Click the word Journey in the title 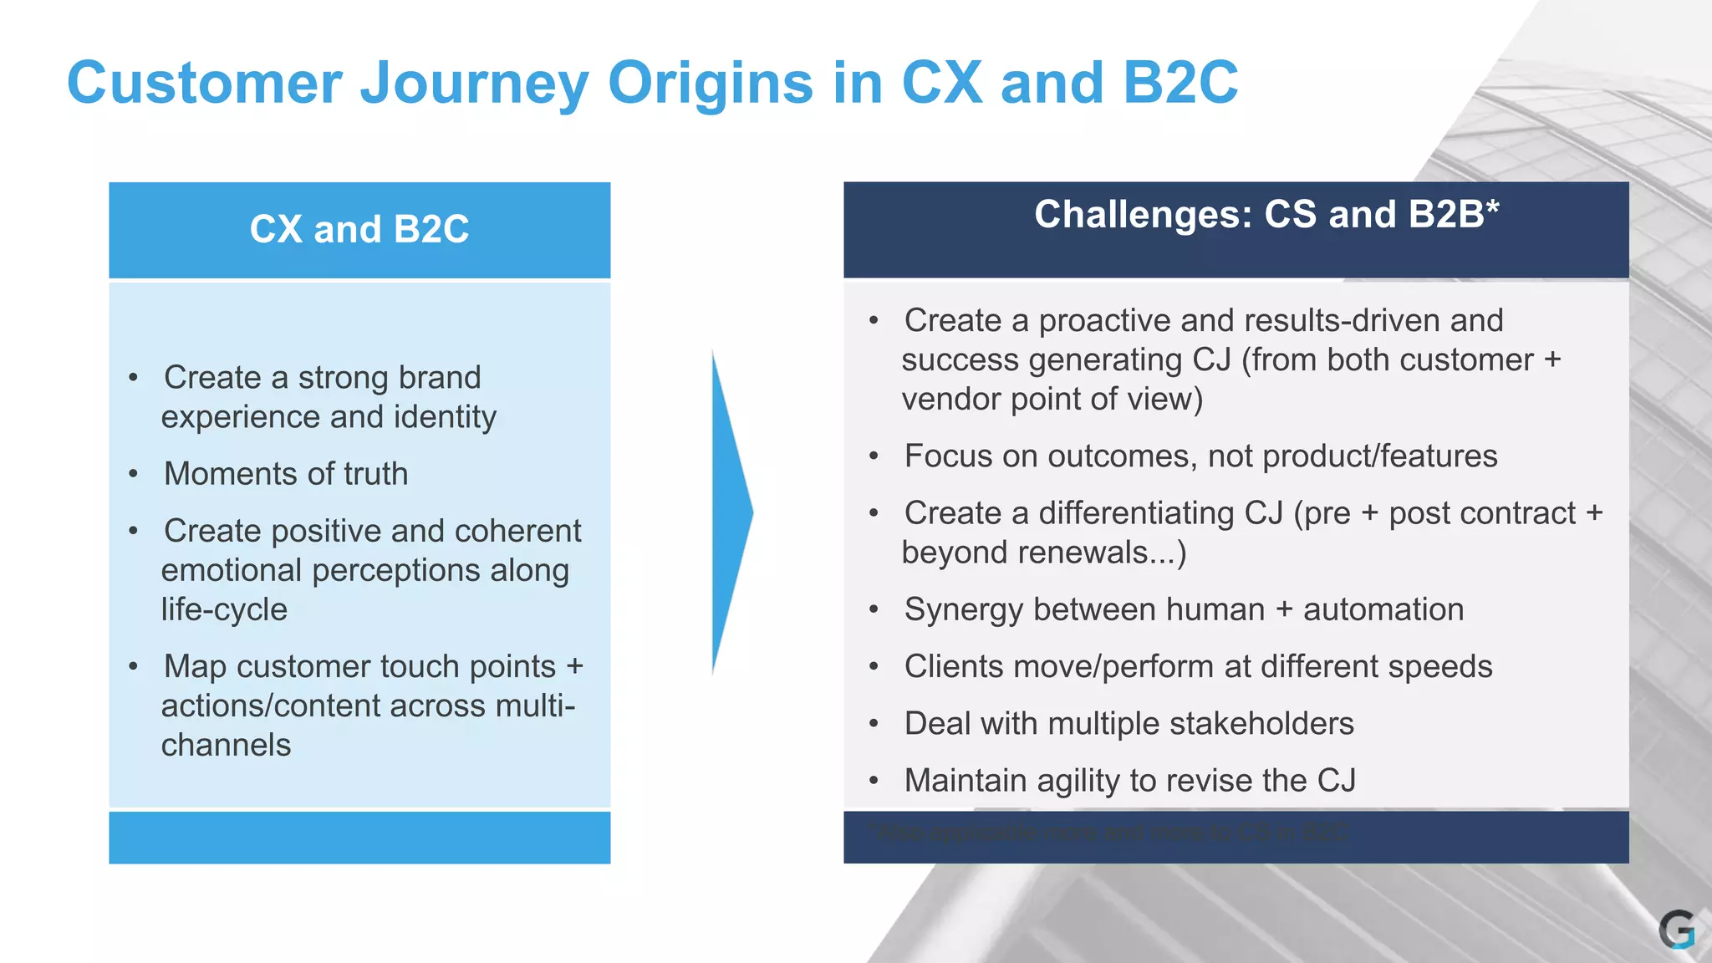coord(474,84)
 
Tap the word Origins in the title coord(711,84)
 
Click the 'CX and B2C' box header coord(359,229)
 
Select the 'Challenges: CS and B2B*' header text coord(1266,214)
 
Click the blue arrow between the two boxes coord(730,512)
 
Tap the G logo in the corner coord(1676,930)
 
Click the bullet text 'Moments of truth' coord(286,474)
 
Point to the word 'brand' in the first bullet coord(439,377)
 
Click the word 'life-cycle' coord(224,609)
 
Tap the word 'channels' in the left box coord(226,745)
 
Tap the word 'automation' coord(1383,609)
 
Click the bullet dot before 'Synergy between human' coord(874,610)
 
